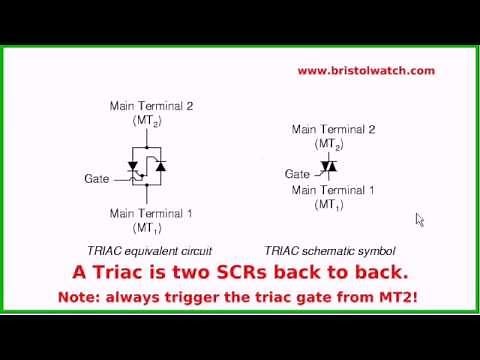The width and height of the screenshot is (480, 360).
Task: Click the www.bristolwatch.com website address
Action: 366,71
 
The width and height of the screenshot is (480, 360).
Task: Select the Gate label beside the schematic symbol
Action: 297,173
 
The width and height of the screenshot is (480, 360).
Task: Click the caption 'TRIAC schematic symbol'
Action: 330,250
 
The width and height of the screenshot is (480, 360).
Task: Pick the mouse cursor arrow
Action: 420,219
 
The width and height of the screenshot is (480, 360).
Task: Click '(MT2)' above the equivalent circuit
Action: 146,120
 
